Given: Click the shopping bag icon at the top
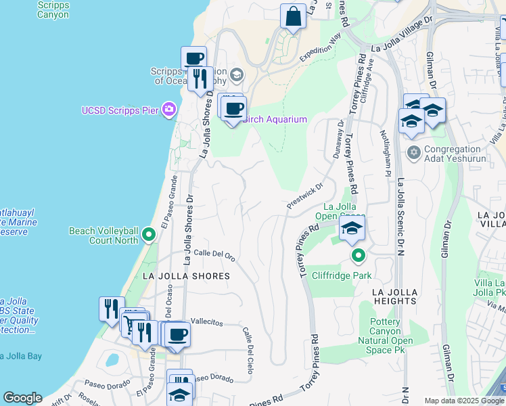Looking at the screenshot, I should coord(294,16).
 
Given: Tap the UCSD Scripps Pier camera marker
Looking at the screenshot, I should coord(169,110).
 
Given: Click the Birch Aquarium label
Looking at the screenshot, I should coord(274,120).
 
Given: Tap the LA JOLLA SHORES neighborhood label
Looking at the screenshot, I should coord(186,276).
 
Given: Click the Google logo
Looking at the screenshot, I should coord(22,398).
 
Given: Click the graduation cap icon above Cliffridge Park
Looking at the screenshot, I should coord(352,228).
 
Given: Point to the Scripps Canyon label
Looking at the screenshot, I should coord(53,9).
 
